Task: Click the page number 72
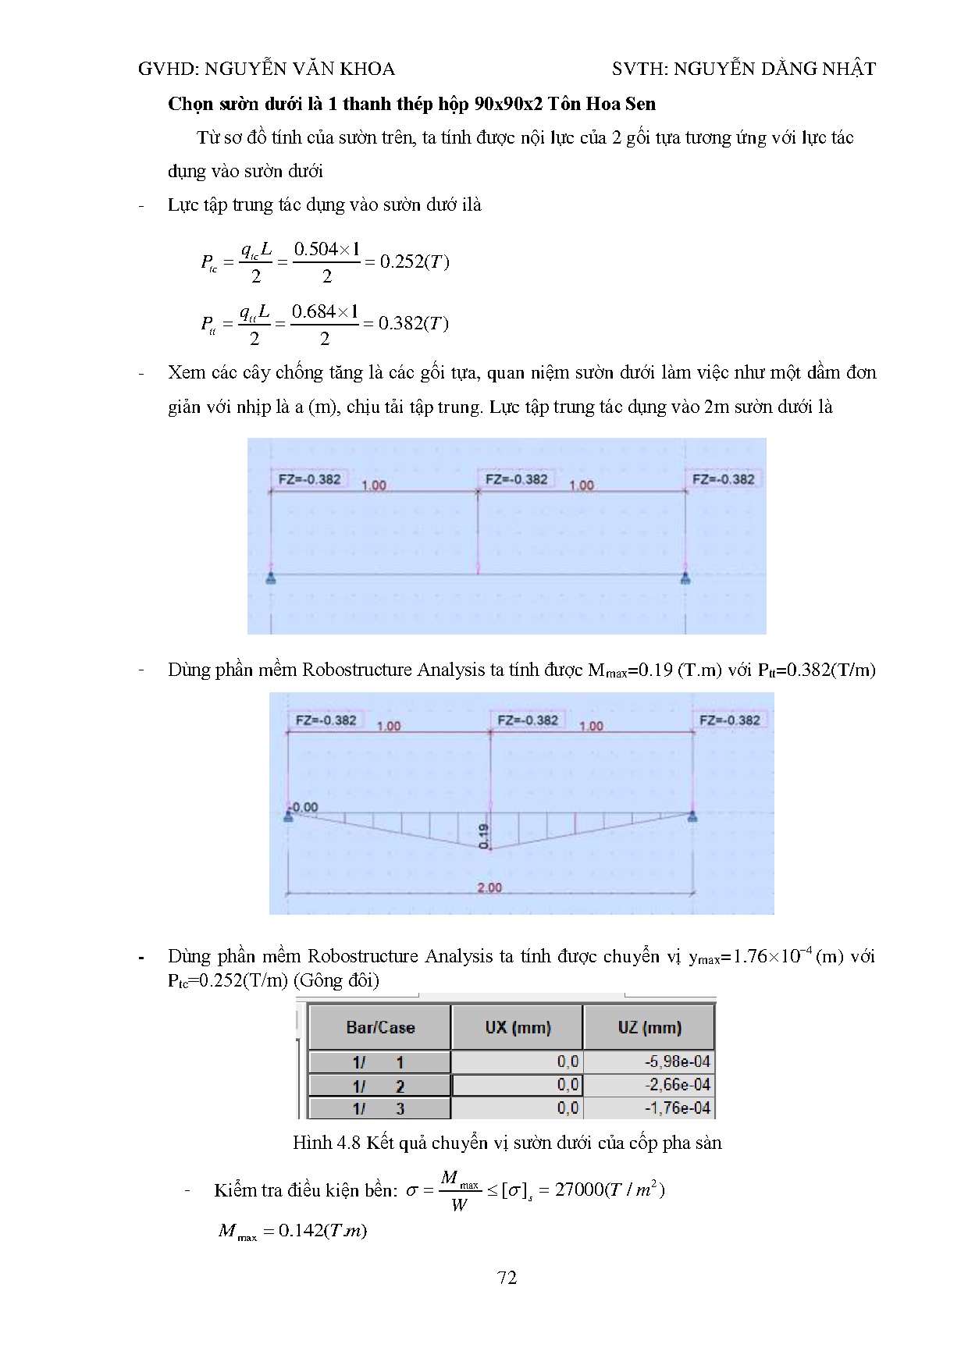[507, 1278]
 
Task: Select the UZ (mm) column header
[649, 1027]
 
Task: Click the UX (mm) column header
[518, 1027]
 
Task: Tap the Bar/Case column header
[380, 1027]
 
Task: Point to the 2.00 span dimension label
[489, 887]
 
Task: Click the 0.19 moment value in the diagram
[484, 836]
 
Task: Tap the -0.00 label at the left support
[304, 807]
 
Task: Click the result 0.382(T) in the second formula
[413, 324]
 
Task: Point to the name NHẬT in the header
[849, 69]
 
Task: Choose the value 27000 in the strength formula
[579, 1189]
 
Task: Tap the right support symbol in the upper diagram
[685, 578]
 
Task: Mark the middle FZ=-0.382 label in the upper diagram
[516, 479]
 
